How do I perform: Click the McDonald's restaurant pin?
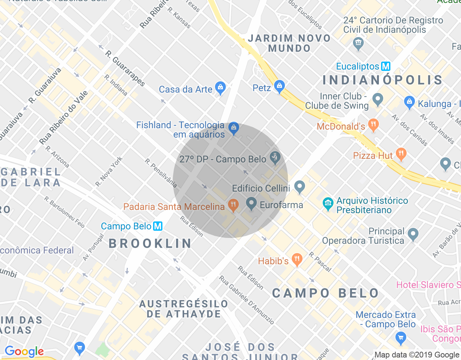pyautogui.click(x=373, y=125)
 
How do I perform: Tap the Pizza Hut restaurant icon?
pyautogui.click(x=401, y=154)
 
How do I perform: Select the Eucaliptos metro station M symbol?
pyautogui.click(x=386, y=66)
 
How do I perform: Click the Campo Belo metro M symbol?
pyautogui.click(x=158, y=226)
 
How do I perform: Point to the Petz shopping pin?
pyautogui.click(x=279, y=86)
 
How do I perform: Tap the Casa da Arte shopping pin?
pyautogui.click(x=220, y=87)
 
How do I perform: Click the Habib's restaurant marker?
pyautogui.click(x=297, y=259)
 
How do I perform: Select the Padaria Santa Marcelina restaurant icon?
pyautogui.click(x=233, y=205)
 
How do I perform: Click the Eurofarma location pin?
pyautogui.click(x=251, y=204)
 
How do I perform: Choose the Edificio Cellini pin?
pyautogui.click(x=300, y=186)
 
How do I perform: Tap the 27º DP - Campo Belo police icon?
pyautogui.click(x=275, y=158)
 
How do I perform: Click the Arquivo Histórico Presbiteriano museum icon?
pyautogui.click(x=328, y=204)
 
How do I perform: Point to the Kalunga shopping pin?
pyautogui.click(x=409, y=102)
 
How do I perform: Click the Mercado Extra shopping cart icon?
pyautogui.click(x=400, y=338)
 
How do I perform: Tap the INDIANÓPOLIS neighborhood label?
pyautogui.click(x=382, y=80)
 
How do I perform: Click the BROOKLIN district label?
pyautogui.click(x=150, y=243)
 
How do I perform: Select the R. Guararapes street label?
pyautogui.click(x=125, y=69)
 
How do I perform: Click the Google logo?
pyautogui.click(x=24, y=351)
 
